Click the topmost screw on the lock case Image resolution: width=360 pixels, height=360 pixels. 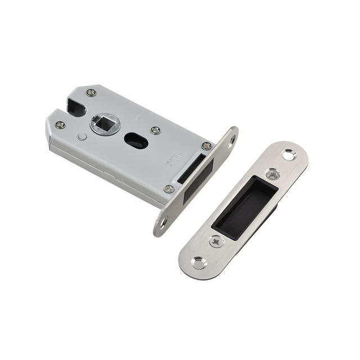click(x=92, y=92)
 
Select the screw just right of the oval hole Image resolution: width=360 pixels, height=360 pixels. click(x=156, y=130)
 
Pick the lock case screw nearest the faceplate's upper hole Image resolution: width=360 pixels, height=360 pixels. click(x=206, y=146)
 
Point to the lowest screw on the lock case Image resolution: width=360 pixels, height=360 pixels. click(x=169, y=188)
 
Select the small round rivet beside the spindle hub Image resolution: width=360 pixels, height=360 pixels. click(x=83, y=137)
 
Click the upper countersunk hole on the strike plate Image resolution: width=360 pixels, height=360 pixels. click(x=288, y=154)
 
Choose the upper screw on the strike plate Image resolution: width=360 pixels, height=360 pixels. click(x=273, y=174)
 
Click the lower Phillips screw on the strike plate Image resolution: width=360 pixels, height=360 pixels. click(x=217, y=241)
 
